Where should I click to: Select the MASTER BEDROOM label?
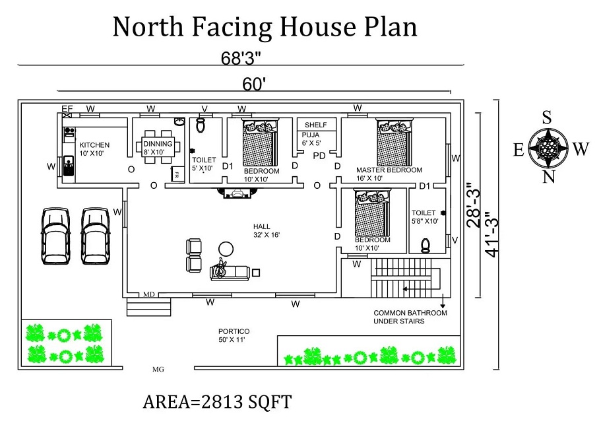[389, 170]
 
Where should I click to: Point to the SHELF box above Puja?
[316, 125]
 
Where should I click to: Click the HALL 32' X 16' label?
[262, 230]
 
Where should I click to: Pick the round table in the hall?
[226, 249]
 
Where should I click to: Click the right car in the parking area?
[95, 236]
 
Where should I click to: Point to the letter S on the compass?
[547, 118]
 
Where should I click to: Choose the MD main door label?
[150, 294]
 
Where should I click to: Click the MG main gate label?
[158, 370]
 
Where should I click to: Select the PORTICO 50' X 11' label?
[234, 335]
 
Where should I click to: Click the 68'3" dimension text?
[241, 57]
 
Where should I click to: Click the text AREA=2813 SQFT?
[217, 402]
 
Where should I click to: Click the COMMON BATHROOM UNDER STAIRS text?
[410, 317]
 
